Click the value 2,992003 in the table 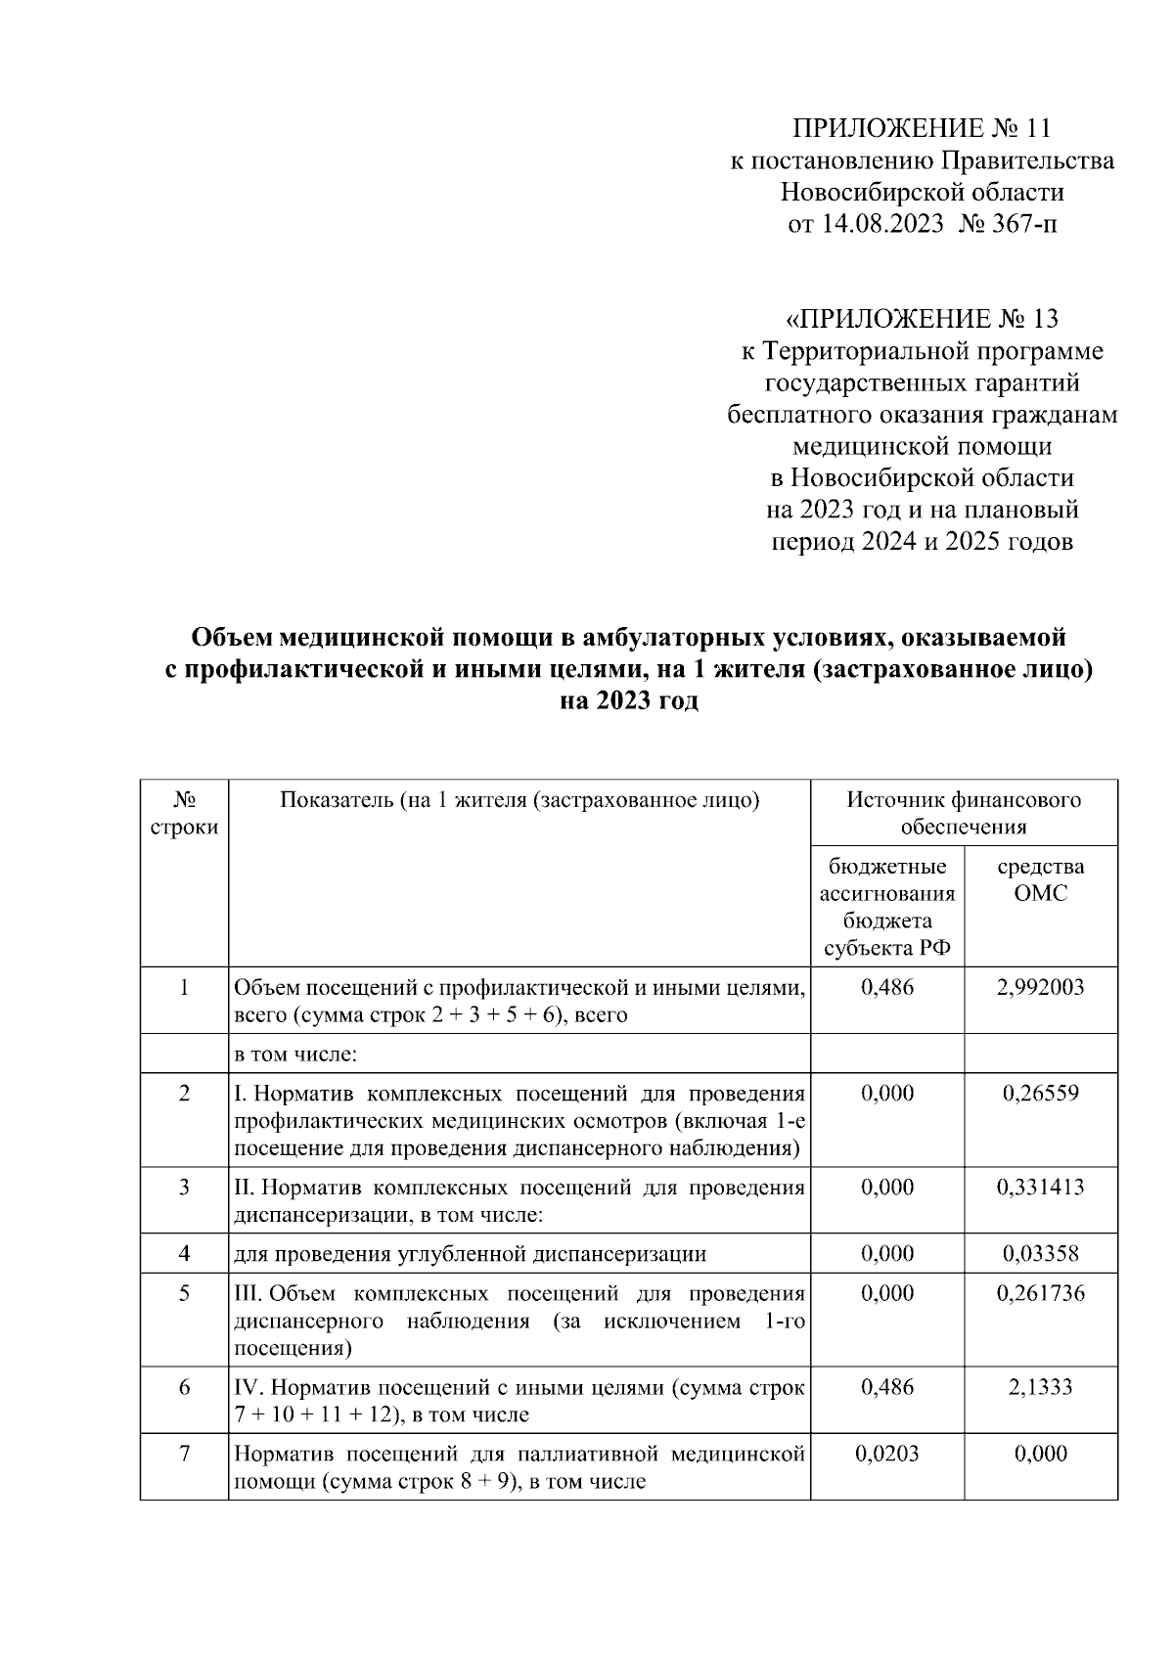click(1040, 987)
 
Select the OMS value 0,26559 click(1040, 1093)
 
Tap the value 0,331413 click(1040, 1187)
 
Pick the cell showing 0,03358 click(1040, 1253)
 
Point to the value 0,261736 click(1040, 1293)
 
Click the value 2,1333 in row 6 click(1040, 1387)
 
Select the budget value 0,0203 click(886, 1454)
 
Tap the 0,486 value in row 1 click(886, 987)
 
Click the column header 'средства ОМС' click(1040, 879)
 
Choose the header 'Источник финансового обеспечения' click(964, 813)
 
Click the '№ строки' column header click(184, 813)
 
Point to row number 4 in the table click(184, 1253)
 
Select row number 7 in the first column click(184, 1454)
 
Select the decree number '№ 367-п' click(1009, 224)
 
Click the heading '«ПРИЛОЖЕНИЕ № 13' click(922, 319)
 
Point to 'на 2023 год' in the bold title click(628, 701)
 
